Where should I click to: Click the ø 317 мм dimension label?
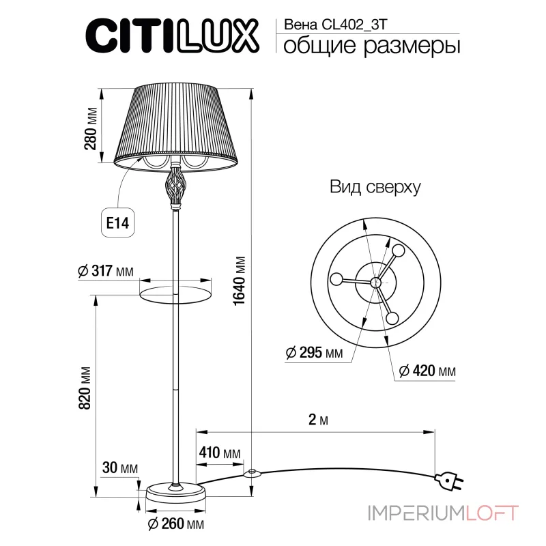[x=106, y=271]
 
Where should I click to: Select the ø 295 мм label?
[x=314, y=353]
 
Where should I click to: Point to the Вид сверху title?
[x=375, y=187]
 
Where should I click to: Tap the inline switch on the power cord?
[x=253, y=472]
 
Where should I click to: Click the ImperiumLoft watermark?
[x=443, y=512]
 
